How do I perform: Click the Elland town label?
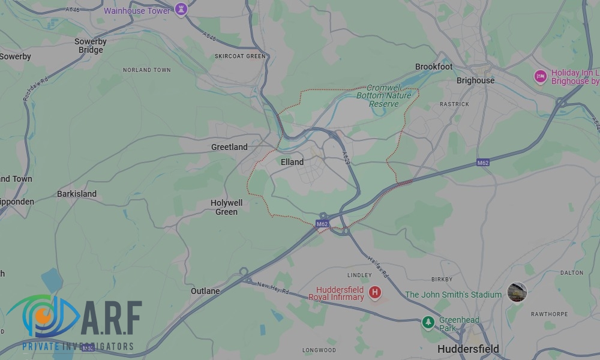click(x=292, y=162)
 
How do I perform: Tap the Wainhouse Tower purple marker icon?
click(x=181, y=10)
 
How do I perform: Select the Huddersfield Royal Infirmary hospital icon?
click(x=375, y=292)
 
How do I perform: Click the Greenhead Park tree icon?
click(x=428, y=322)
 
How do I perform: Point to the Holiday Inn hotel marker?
click(x=540, y=77)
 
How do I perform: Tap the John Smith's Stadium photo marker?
click(x=517, y=292)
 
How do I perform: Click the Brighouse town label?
click(x=475, y=80)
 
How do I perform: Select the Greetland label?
click(x=229, y=147)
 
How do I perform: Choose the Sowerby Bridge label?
click(x=91, y=46)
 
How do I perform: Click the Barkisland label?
click(x=77, y=194)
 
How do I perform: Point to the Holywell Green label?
click(x=226, y=208)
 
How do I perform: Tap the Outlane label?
click(x=205, y=291)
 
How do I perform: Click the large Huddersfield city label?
click(x=468, y=349)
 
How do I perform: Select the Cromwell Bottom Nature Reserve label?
click(x=384, y=95)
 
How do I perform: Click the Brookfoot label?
click(x=434, y=67)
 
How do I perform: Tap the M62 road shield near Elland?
click(x=322, y=224)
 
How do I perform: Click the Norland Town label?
click(x=147, y=70)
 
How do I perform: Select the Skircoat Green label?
click(x=240, y=56)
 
